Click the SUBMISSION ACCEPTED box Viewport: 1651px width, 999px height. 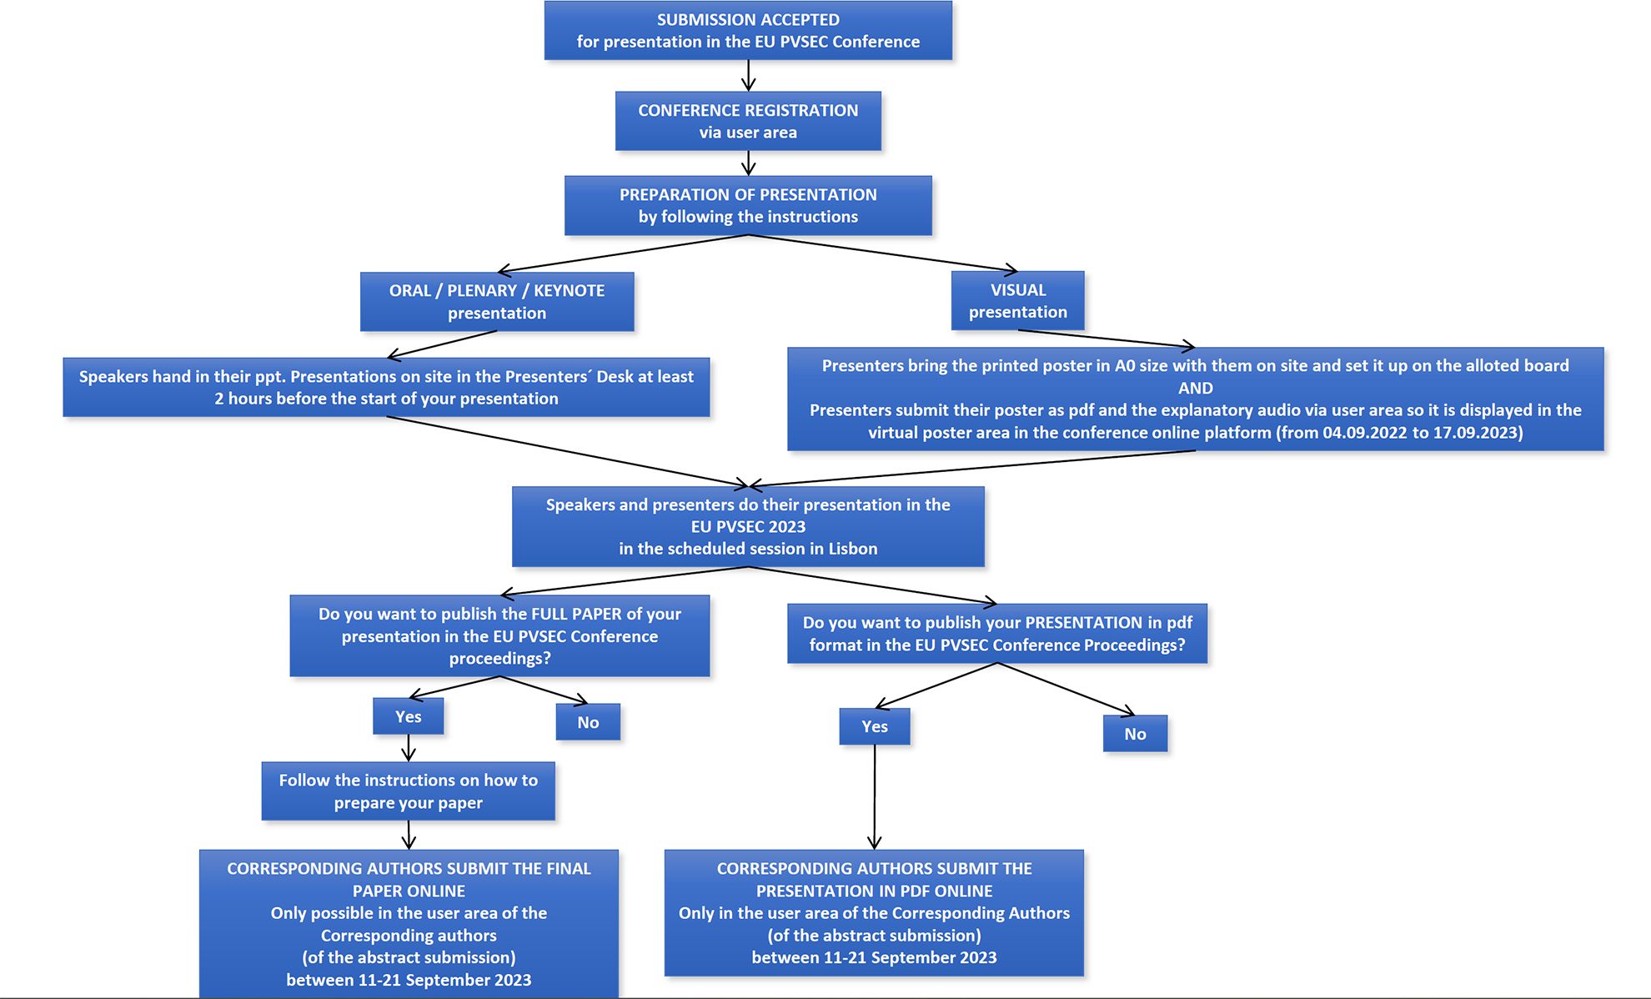(748, 31)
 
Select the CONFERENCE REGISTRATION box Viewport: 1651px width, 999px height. (748, 121)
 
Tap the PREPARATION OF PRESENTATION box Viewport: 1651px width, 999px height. (748, 205)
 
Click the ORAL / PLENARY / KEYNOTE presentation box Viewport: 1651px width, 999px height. (497, 302)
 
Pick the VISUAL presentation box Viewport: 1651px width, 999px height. (1018, 300)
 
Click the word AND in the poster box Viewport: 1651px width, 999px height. (1196, 388)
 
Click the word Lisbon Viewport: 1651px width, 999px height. (853, 549)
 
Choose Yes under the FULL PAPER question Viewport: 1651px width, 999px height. (409, 716)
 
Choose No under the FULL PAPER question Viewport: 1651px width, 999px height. (588, 722)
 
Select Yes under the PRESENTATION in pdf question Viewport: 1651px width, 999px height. (875, 726)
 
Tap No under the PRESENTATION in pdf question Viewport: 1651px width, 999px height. (1135, 734)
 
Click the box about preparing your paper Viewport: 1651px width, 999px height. (408, 791)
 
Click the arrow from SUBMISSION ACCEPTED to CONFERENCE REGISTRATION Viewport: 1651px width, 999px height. (748, 75)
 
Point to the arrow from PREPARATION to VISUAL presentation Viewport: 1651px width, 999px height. (883, 254)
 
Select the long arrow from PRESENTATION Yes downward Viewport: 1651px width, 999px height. (875, 797)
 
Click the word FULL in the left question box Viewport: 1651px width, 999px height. (549, 614)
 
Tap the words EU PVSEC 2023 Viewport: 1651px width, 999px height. (748, 526)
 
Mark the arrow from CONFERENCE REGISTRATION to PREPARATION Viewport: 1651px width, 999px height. (748, 163)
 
